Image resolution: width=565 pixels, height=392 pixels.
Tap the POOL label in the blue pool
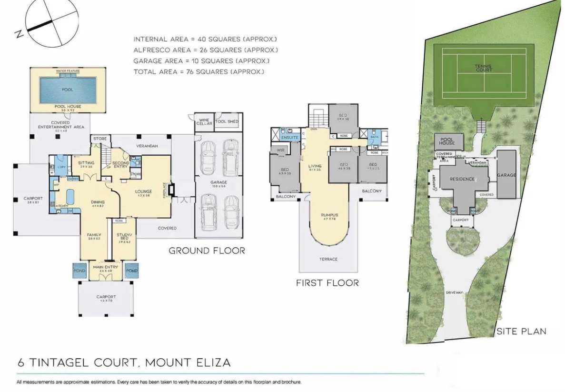tap(67, 89)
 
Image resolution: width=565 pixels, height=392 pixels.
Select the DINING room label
tap(98, 202)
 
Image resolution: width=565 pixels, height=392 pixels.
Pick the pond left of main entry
tap(79, 271)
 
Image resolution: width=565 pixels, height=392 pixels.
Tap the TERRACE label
tap(328, 259)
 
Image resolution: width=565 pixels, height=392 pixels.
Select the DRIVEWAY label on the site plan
tap(455, 292)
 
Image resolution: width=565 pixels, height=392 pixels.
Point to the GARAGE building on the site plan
tap(506, 175)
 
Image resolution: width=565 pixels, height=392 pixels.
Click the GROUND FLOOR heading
tap(207, 251)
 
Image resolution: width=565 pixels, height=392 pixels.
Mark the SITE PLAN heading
tap(521, 331)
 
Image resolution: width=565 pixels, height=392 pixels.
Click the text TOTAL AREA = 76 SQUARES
tap(198, 72)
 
